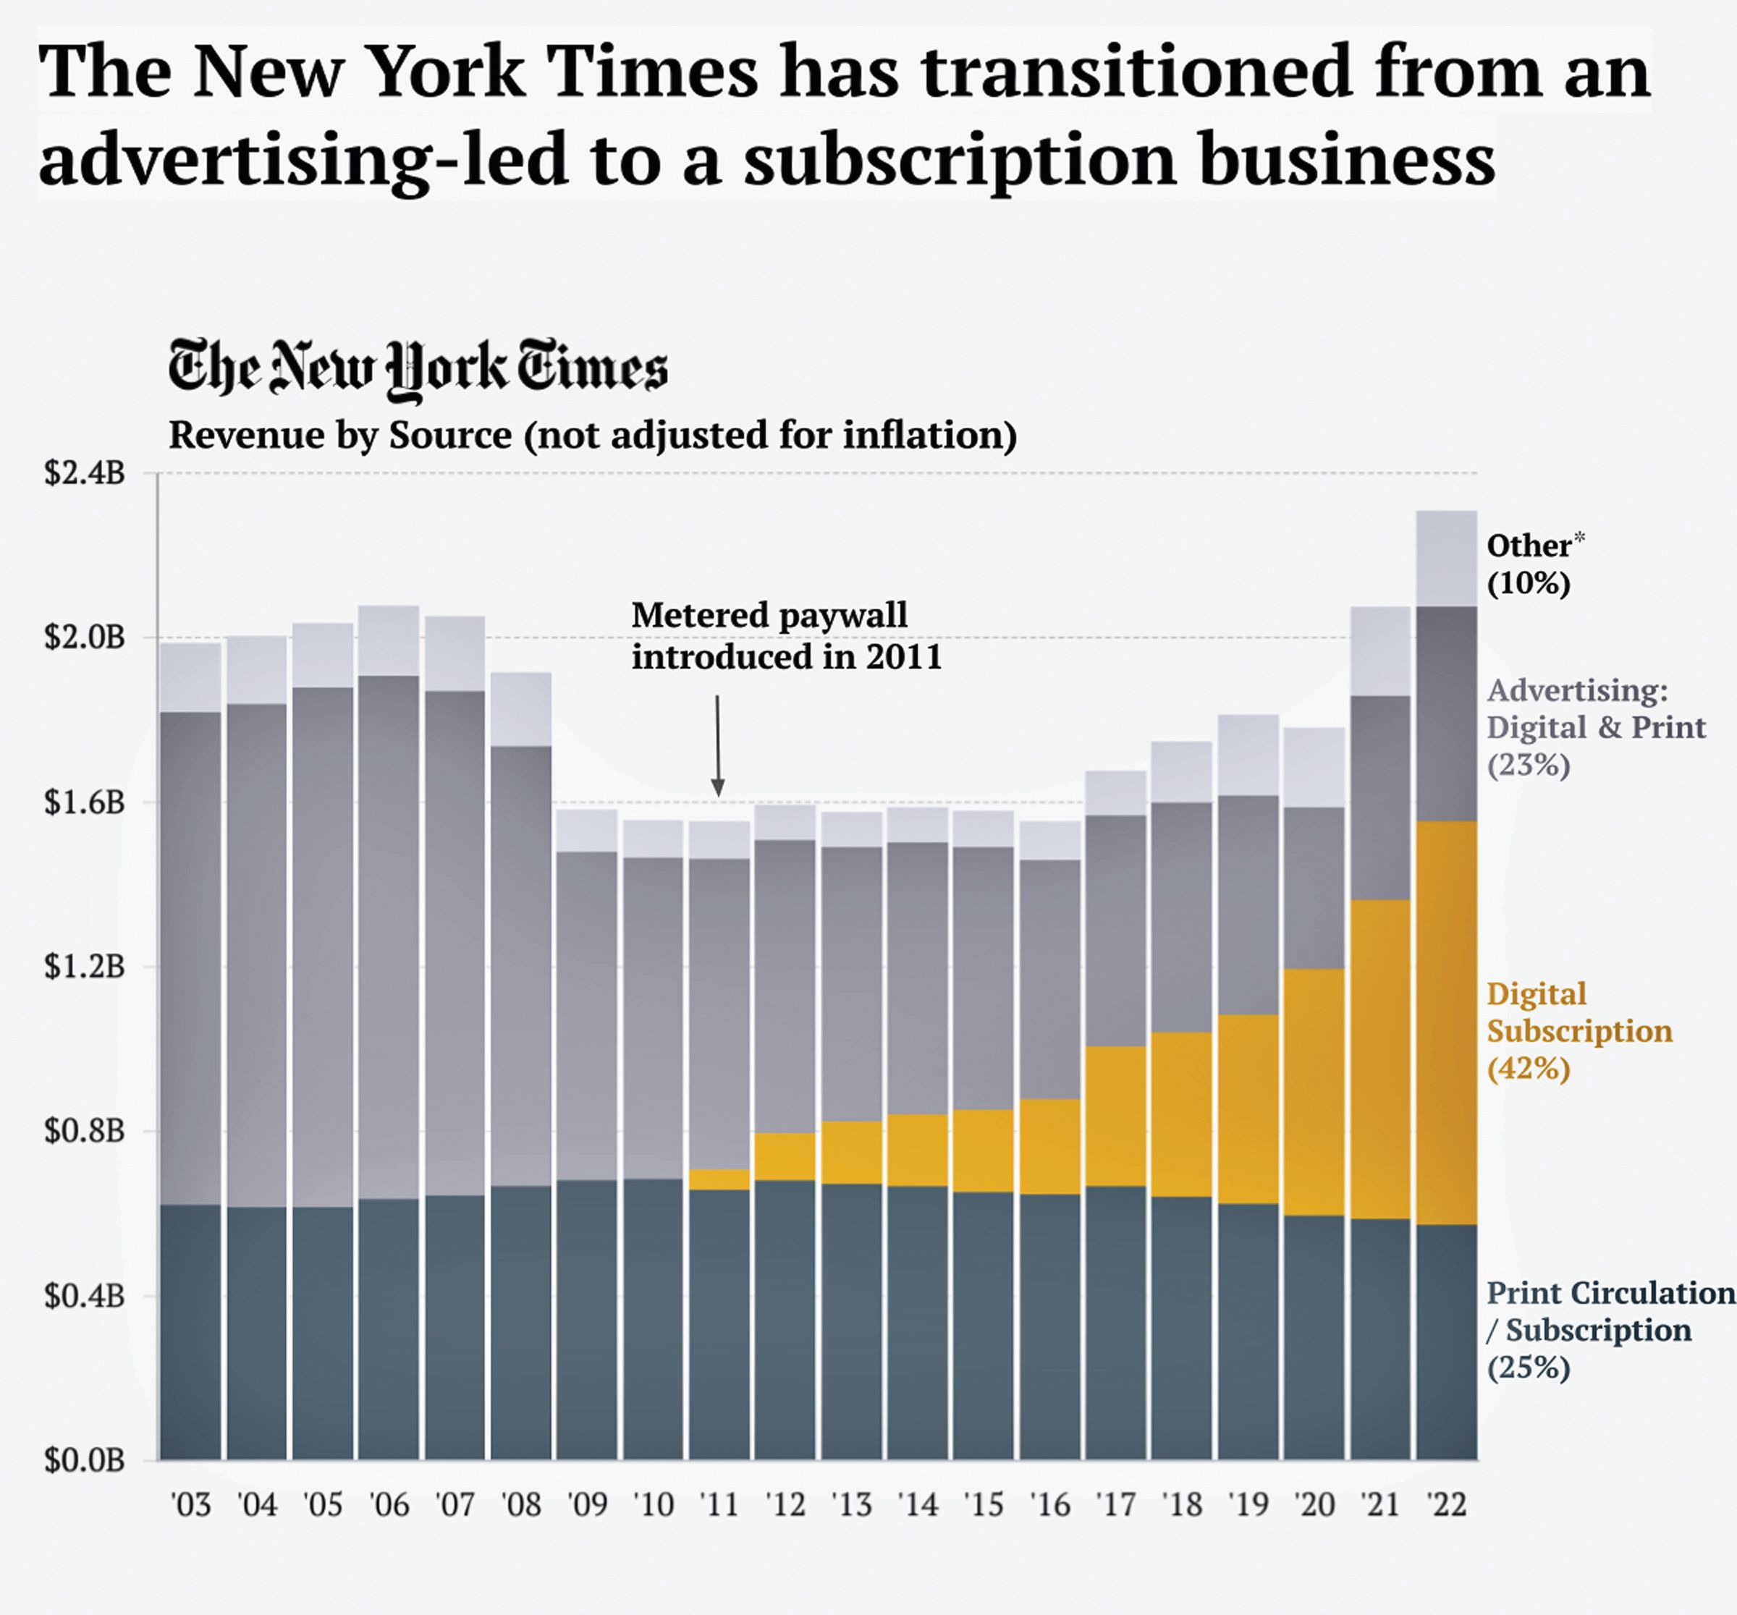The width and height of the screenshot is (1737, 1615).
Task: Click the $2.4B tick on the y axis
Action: [x=85, y=473]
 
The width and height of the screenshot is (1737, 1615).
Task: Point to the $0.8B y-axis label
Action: [x=85, y=1130]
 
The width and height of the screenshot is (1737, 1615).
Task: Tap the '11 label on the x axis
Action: [x=719, y=1504]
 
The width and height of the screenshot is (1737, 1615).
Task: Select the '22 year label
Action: [x=1446, y=1504]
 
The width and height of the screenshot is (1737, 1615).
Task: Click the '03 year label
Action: [x=190, y=1504]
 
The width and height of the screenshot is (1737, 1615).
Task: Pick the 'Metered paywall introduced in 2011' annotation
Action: [x=787, y=636]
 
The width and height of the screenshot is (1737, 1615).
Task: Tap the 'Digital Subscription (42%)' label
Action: [x=1578, y=1030]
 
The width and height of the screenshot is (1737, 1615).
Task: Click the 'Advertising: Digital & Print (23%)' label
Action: [x=1595, y=726]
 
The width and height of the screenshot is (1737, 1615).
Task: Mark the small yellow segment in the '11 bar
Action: [x=719, y=1179]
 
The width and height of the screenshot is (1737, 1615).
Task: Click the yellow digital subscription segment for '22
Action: [x=1446, y=1022]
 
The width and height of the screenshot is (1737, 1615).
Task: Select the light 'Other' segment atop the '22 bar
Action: [x=1446, y=558]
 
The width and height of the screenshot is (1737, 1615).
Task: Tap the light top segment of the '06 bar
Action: [x=388, y=640]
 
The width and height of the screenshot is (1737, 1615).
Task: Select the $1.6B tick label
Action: [x=85, y=802]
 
